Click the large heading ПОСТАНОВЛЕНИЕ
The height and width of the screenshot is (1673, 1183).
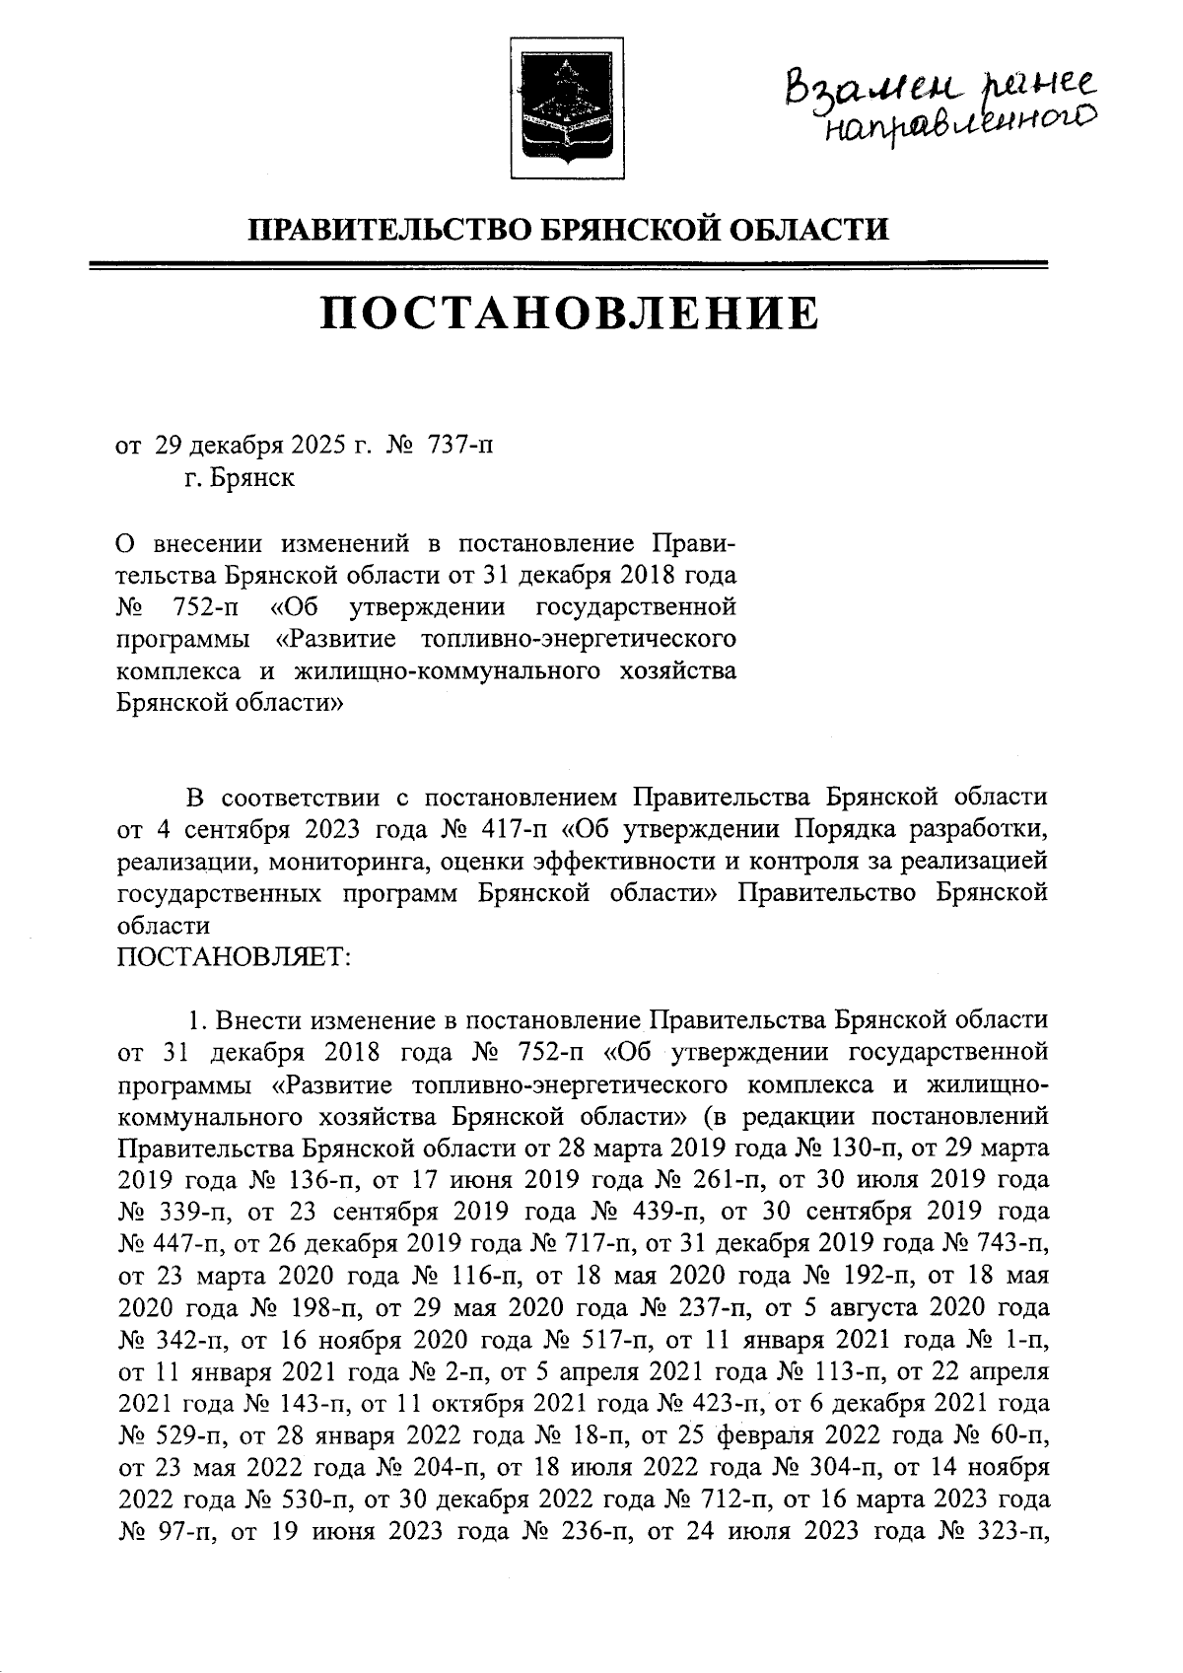570,314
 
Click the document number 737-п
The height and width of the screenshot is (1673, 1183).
458,447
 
